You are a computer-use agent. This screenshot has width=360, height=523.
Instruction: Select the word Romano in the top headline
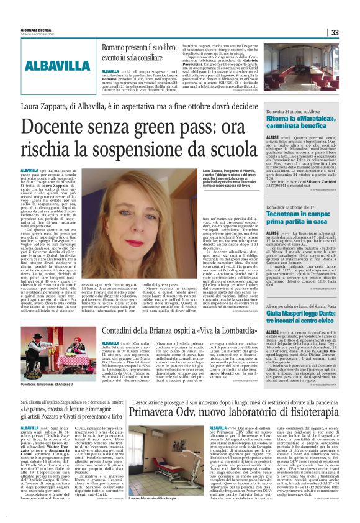(115, 48)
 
